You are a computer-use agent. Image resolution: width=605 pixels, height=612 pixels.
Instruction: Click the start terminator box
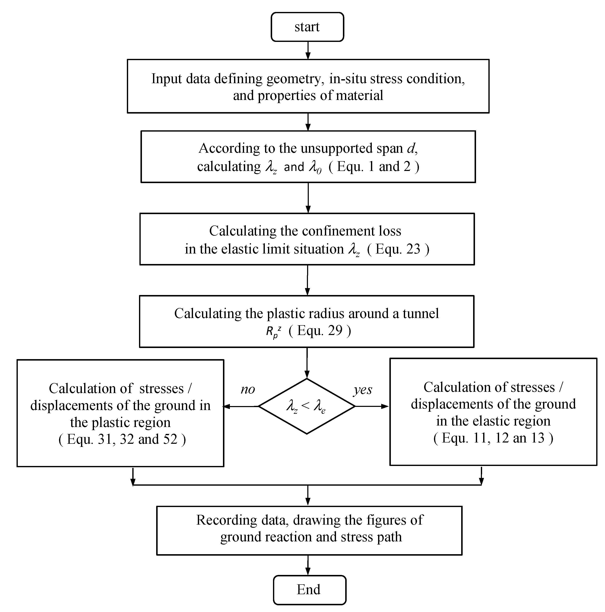(x=307, y=27)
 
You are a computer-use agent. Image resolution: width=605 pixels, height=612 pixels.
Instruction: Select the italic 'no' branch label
(x=248, y=389)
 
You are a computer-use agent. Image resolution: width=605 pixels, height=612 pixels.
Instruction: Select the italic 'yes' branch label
(x=363, y=390)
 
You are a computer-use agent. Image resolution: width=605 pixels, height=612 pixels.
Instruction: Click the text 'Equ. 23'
(x=398, y=249)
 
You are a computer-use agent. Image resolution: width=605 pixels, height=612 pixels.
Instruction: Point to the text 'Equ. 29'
(x=320, y=331)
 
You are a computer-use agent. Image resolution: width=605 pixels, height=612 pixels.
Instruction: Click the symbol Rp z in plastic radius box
(x=273, y=332)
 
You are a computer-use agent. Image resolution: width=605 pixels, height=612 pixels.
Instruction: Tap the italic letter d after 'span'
(x=411, y=148)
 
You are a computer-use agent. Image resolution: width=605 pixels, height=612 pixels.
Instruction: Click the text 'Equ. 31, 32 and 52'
(x=122, y=439)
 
